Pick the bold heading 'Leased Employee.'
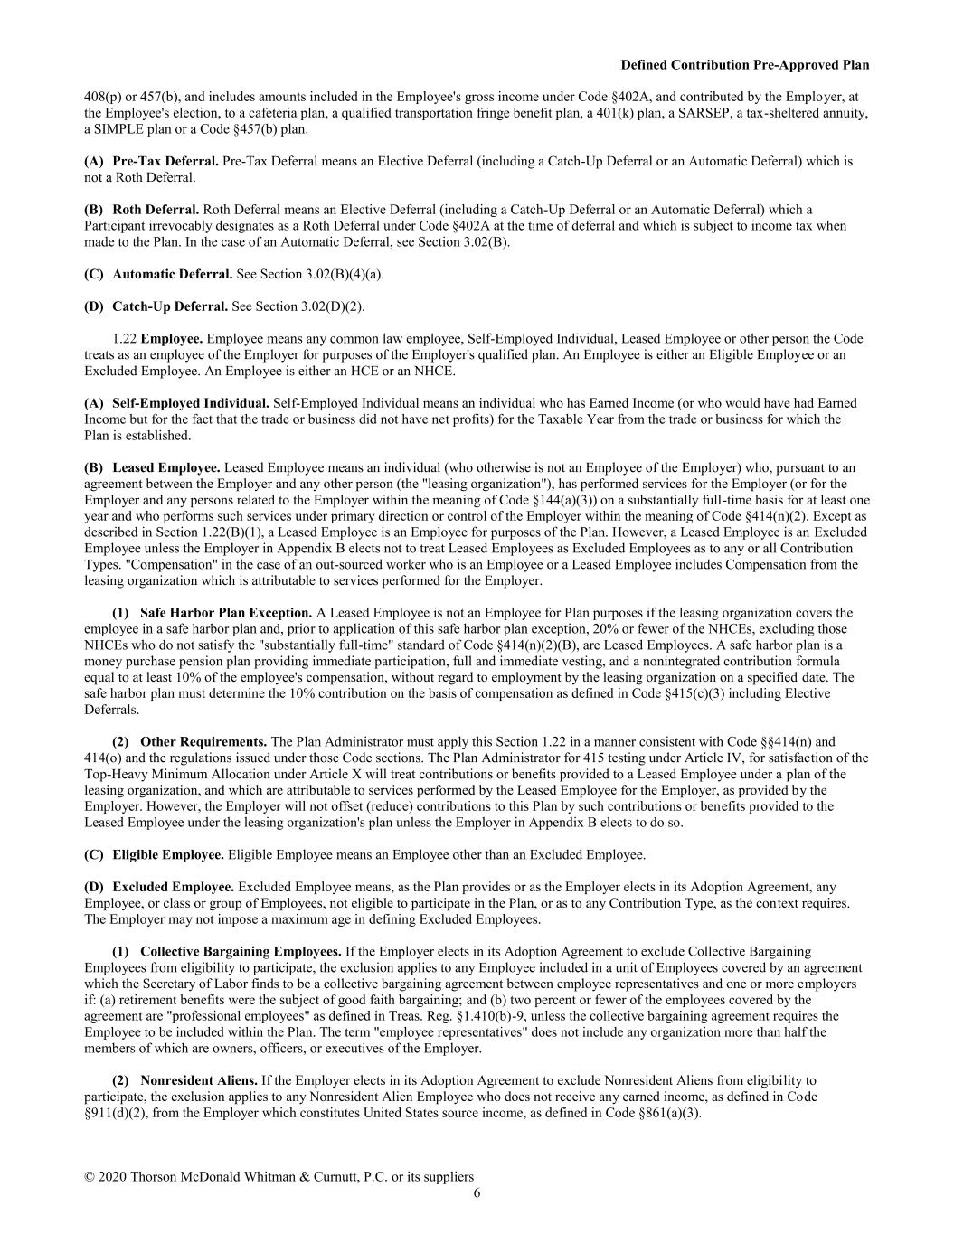point(166,468)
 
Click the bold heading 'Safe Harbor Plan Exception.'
point(226,613)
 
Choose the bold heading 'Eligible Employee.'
point(168,854)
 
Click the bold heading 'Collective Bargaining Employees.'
point(241,951)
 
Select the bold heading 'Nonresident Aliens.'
point(199,1080)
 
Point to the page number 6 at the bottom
point(477,1192)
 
